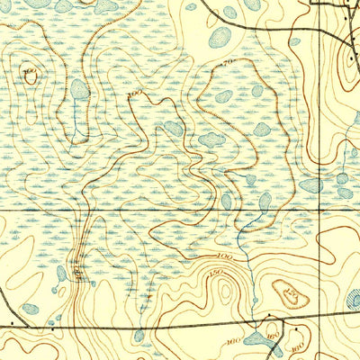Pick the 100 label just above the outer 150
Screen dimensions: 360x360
(x=224, y=258)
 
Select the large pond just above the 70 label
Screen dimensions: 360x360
(x=220, y=37)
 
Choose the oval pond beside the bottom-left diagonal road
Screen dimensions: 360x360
(x=61, y=274)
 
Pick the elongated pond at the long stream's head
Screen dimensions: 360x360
(x=265, y=201)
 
